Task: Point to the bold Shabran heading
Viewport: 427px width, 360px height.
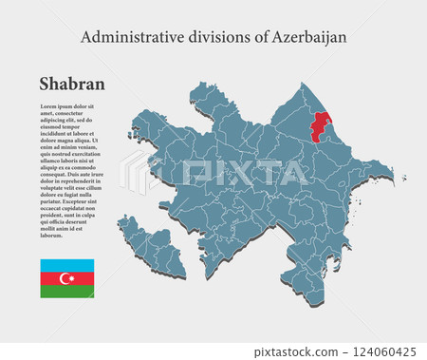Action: pos(72,85)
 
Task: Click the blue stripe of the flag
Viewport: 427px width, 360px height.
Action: pos(66,264)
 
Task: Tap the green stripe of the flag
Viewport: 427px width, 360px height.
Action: pos(66,292)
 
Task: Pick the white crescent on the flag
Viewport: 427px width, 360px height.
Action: pos(65,278)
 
